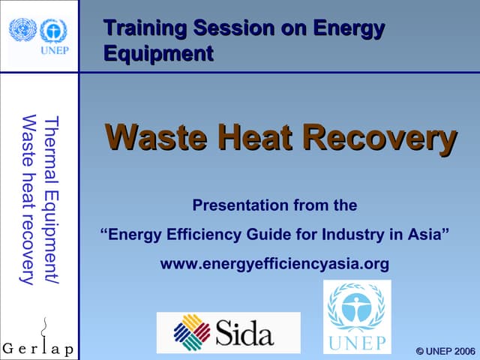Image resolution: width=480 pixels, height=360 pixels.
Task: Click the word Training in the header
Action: tap(145, 28)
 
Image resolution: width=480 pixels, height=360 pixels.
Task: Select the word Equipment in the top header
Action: tap(157, 54)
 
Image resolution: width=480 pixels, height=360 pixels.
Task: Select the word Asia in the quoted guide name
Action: tap(424, 234)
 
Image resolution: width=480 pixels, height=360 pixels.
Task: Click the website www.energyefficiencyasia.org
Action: tap(275, 264)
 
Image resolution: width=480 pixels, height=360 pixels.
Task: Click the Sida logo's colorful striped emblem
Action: tap(191, 332)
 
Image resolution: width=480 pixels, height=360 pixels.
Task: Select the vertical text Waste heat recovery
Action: tap(29, 199)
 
